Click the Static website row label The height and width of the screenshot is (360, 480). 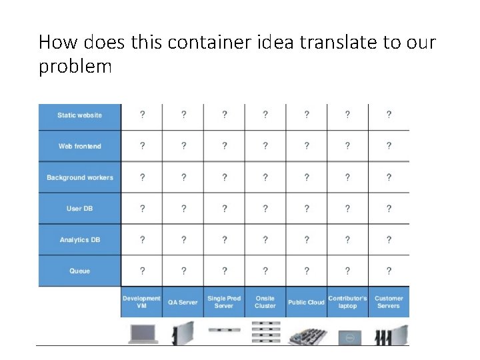[80, 115]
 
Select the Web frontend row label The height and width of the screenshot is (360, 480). [80, 147]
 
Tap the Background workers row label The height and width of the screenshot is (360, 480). [80, 178]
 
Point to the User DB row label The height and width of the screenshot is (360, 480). [80, 209]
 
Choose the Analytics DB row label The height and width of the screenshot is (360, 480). [80, 240]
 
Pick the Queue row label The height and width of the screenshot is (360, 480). [80, 271]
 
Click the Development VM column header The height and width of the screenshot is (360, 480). [141, 302]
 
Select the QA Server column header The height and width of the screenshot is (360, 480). [183, 302]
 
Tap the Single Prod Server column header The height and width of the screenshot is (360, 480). [224, 302]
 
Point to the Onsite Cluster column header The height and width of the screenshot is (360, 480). [265, 302]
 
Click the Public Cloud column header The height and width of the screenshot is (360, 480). [306, 302]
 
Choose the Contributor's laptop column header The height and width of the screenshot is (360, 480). [347, 302]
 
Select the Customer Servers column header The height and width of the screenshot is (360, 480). [389, 302]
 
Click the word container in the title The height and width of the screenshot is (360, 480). [210, 43]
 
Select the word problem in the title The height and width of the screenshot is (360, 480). [75, 67]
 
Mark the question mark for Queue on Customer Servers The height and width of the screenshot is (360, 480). [389, 271]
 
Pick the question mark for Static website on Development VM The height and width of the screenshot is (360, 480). [142, 115]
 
